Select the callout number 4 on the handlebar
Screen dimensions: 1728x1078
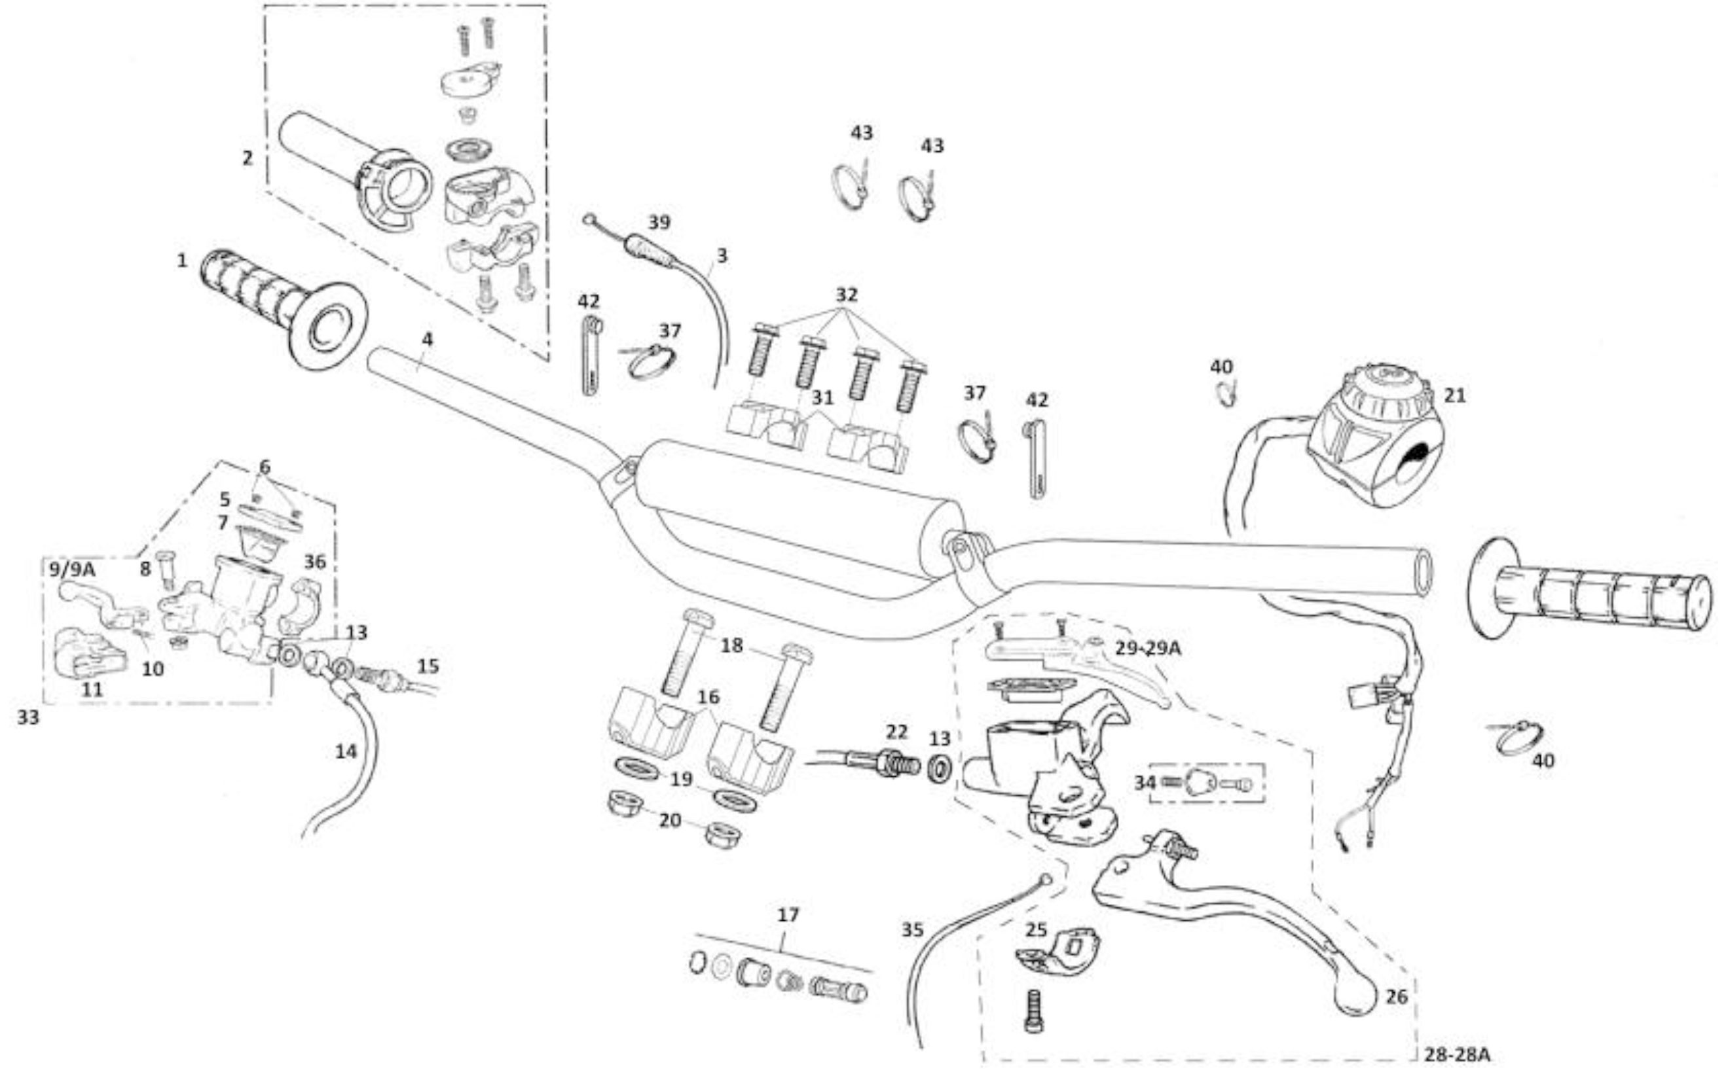pos(427,339)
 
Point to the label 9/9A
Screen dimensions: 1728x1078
pos(71,569)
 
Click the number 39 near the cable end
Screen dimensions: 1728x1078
pos(659,223)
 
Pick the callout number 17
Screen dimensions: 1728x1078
pos(788,915)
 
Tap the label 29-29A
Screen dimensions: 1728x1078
pos(1149,649)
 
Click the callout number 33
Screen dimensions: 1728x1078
pos(29,717)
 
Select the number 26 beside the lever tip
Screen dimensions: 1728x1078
pos(1397,997)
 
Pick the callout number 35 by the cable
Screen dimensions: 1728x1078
pos(912,929)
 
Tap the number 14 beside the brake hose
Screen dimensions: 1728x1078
pos(346,751)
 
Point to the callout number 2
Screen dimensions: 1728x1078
pos(248,158)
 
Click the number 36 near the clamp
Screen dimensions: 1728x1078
pos(314,562)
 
